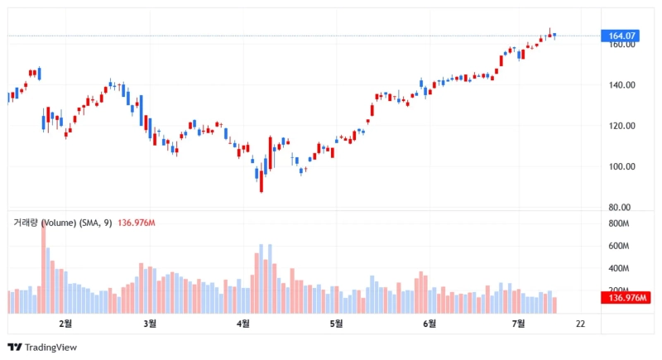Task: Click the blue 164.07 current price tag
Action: click(x=622, y=36)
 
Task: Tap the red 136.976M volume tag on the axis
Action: click(x=626, y=298)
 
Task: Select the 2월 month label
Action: click(x=65, y=323)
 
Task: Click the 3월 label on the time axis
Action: click(x=150, y=323)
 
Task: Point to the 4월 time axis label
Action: click(x=243, y=323)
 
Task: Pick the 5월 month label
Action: click(x=336, y=323)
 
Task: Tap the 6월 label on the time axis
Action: click(x=429, y=323)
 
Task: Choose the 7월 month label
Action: click(x=518, y=323)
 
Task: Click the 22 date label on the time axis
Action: click(x=580, y=323)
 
